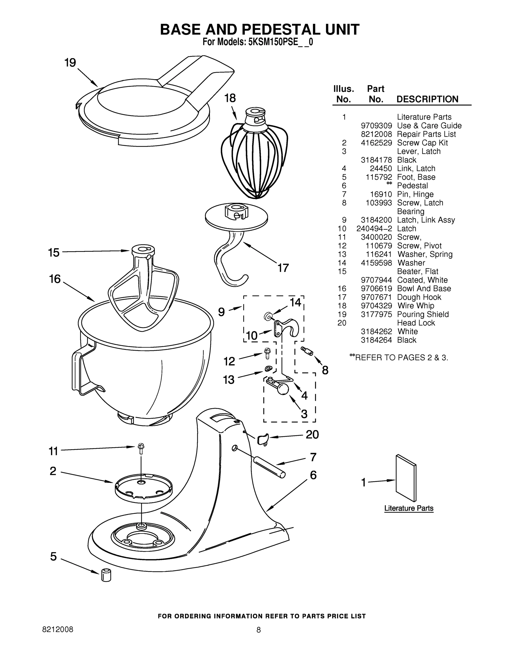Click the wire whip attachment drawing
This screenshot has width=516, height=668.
click(x=254, y=159)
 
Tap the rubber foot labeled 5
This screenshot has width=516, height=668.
click(x=106, y=575)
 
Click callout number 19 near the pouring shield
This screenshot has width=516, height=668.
click(x=70, y=63)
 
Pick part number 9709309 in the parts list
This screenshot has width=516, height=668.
click(x=376, y=126)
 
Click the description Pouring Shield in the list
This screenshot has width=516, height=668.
click(x=423, y=315)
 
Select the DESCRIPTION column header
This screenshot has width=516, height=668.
click(x=427, y=99)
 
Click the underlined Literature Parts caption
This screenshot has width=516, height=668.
click(x=409, y=508)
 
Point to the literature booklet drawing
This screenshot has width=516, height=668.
click(x=406, y=479)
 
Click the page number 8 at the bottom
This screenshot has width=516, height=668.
click(x=258, y=630)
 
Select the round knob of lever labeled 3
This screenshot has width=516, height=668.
click(x=283, y=389)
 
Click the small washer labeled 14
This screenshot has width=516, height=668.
click(x=268, y=316)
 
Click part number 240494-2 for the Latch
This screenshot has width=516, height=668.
click(x=374, y=229)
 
